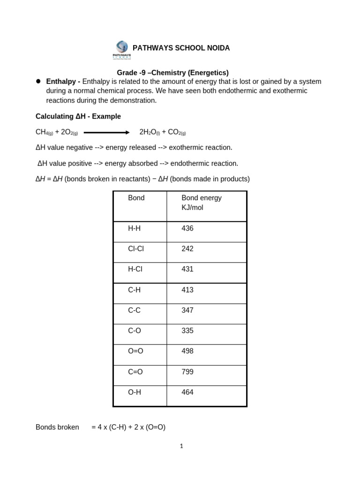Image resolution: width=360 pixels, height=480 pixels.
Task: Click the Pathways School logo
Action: [122, 50]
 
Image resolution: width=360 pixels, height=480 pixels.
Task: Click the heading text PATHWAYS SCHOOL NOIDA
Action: [181, 48]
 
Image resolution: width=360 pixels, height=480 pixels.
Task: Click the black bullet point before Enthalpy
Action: [38, 81]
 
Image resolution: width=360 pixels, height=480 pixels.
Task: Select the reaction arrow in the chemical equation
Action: [106, 132]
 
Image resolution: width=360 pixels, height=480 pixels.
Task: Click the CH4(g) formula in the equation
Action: [44, 132]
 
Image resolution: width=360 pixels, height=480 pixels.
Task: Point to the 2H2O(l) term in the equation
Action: [149, 132]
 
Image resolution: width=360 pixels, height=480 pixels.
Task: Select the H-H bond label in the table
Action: [135, 228]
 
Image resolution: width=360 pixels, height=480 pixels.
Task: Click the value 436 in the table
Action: [187, 228]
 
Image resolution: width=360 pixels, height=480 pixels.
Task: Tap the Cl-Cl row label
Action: [136, 249]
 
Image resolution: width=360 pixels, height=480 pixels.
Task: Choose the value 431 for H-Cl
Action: [187, 269]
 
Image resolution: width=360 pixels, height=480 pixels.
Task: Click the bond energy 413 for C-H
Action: [187, 290]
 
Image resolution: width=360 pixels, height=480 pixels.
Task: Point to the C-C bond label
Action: [135, 310]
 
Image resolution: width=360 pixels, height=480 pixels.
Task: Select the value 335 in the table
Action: [187, 330]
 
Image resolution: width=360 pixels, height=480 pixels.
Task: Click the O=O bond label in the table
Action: [135, 351]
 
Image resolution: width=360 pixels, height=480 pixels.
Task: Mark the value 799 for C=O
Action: [187, 372]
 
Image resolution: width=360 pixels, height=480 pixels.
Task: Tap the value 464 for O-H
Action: [187, 392]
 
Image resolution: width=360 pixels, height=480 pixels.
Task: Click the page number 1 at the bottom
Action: [181, 446]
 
